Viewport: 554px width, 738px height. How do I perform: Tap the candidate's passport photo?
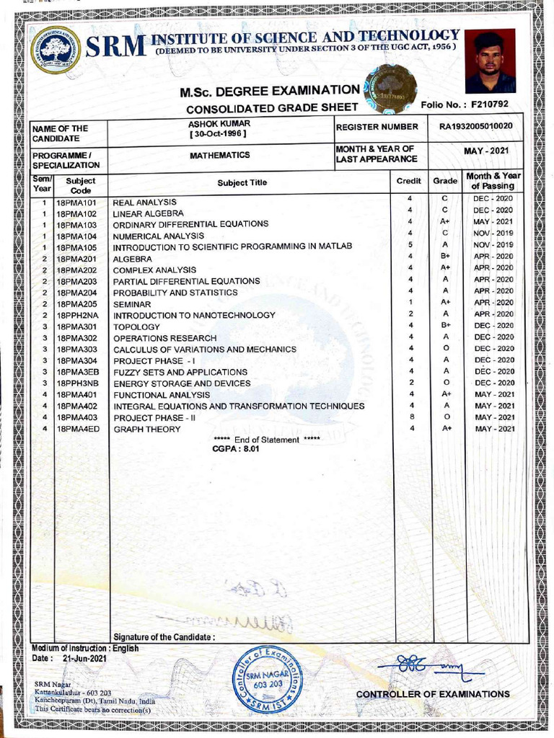pyautogui.click(x=490, y=61)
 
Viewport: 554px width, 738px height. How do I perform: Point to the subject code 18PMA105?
pyautogui.click(x=76, y=247)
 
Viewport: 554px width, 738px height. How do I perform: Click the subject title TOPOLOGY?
pyautogui.click(x=136, y=326)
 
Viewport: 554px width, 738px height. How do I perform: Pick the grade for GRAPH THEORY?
pyautogui.click(x=447, y=428)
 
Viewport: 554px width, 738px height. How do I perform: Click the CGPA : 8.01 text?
pyautogui.click(x=235, y=448)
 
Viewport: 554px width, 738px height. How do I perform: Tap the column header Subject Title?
pyautogui.click(x=242, y=182)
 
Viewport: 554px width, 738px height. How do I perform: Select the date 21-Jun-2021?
pyautogui.click(x=84, y=658)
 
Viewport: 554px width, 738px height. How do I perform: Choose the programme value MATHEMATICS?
pyautogui.click(x=219, y=155)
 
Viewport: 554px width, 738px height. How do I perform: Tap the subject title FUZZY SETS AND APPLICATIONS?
pyautogui.click(x=180, y=372)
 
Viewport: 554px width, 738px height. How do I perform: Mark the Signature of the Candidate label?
pyautogui.click(x=164, y=637)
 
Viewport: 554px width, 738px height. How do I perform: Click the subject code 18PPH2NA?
pyautogui.click(x=76, y=315)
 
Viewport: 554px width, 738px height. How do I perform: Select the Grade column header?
pyautogui.click(x=445, y=182)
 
